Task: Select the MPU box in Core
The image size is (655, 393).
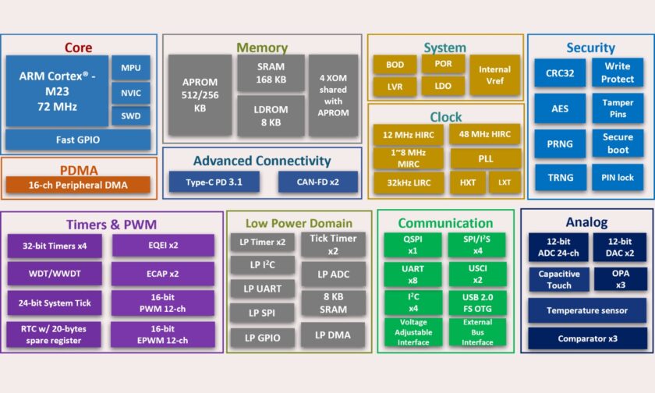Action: (130, 68)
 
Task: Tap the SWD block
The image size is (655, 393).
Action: (130, 117)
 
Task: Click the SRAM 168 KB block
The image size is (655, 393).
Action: (270, 73)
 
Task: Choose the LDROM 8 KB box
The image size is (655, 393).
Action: (270, 115)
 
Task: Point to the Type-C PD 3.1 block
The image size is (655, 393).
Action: (214, 182)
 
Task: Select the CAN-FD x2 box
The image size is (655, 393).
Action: (317, 182)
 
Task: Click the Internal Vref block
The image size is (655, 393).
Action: (494, 75)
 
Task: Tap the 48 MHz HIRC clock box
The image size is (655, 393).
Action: (485, 134)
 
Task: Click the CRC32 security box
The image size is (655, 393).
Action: (560, 73)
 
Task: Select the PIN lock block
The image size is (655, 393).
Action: (618, 178)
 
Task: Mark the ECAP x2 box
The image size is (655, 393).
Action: (162, 274)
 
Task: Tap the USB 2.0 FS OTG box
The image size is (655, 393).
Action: (476, 302)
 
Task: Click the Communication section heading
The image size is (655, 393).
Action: (445, 224)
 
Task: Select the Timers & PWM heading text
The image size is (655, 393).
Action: (112, 225)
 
